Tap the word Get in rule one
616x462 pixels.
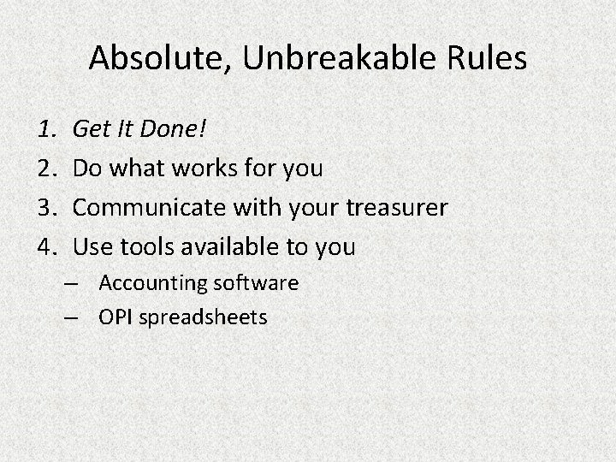click(x=89, y=129)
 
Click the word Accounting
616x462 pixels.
click(x=153, y=283)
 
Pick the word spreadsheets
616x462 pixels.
click(x=203, y=318)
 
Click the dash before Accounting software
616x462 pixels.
click(x=72, y=283)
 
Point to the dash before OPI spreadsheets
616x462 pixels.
click(x=72, y=318)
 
